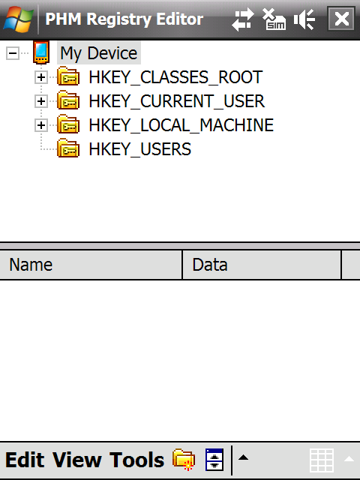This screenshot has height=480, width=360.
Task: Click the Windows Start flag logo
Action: point(18,19)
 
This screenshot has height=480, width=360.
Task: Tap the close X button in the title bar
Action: point(341,19)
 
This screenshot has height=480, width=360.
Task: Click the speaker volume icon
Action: point(304,19)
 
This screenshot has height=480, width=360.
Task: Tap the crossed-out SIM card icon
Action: point(274,19)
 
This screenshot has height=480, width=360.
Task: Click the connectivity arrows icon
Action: point(243,19)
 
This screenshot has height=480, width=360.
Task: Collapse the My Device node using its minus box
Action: point(13,53)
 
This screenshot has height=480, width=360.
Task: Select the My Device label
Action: point(98,53)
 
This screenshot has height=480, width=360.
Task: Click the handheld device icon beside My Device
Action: point(41,52)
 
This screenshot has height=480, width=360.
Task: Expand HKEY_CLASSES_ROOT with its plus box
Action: point(41,77)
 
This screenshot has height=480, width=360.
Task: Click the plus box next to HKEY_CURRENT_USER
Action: point(41,101)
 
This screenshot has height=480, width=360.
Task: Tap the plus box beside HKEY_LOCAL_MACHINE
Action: point(41,125)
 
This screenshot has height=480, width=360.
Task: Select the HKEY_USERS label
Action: point(140,149)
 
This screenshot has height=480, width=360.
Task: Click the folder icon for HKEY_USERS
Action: point(68,148)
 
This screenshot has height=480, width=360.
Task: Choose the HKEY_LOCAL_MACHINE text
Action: point(181,125)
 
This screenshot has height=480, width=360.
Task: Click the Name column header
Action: point(91,265)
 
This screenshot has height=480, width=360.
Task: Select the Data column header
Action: point(262,265)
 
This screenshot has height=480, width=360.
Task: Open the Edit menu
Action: point(25,460)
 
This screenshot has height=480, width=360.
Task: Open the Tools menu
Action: point(136,460)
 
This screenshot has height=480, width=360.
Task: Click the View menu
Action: point(76,460)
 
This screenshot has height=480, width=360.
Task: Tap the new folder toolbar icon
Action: point(184,459)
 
